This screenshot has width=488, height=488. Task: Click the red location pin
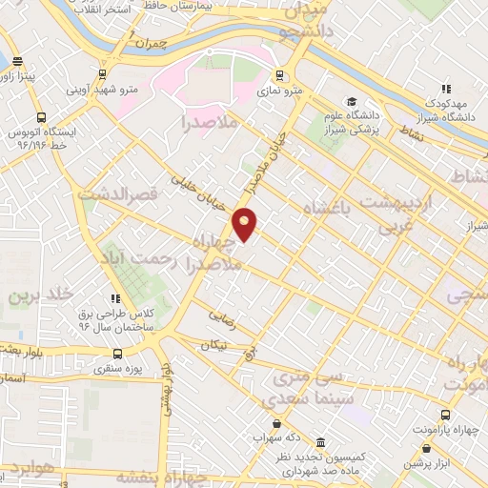point(246,225)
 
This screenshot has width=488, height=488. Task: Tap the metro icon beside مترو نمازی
point(278,75)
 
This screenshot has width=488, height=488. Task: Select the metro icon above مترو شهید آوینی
point(102,74)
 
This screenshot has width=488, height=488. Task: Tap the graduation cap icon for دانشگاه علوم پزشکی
point(351,102)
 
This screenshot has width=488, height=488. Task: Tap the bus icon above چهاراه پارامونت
point(445,417)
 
